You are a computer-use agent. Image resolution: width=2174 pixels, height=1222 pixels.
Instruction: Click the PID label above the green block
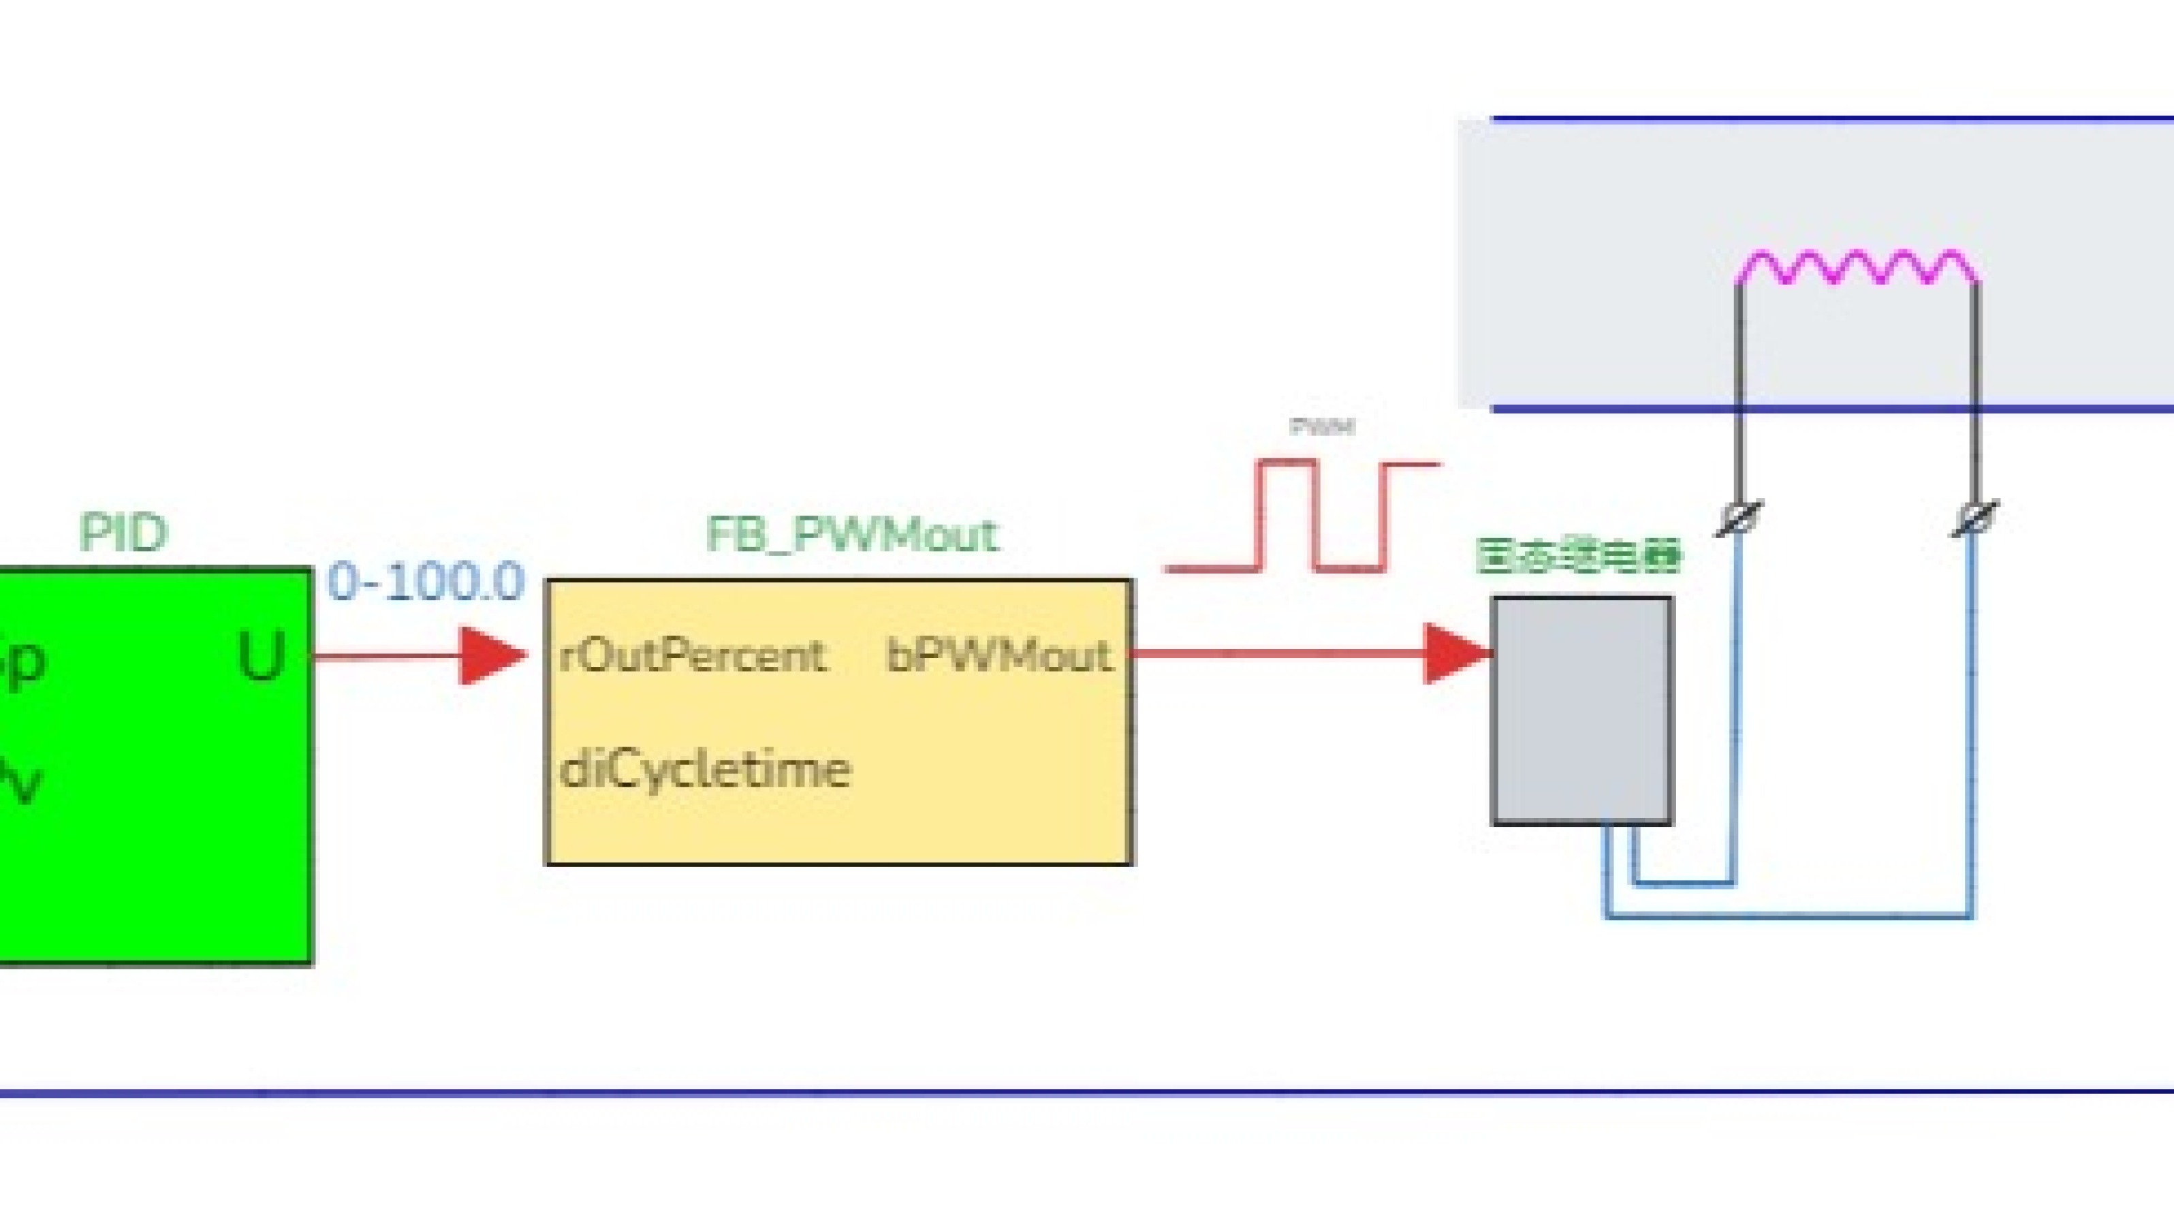coord(124,533)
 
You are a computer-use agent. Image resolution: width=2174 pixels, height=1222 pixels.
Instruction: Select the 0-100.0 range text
coord(426,582)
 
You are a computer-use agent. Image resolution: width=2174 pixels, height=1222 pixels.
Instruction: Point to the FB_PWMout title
coord(851,535)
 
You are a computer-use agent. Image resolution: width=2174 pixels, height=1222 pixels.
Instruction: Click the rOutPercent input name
coord(692,657)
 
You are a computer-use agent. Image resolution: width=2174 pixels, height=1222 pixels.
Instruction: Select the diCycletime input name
coord(705,770)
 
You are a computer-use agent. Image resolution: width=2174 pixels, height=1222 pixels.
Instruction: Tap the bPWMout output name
coord(998,657)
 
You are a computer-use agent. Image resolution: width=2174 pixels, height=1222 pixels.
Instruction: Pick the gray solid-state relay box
coord(1582,710)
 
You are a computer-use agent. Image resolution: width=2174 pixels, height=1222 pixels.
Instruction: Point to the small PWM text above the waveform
coord(1323,427)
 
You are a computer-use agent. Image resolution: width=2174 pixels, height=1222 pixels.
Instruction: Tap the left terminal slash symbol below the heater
coord(1739,517)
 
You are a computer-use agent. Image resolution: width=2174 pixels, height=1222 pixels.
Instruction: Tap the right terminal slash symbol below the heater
coord(1975,517)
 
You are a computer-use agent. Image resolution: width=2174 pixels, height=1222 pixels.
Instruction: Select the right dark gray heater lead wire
coord(1975,388)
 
